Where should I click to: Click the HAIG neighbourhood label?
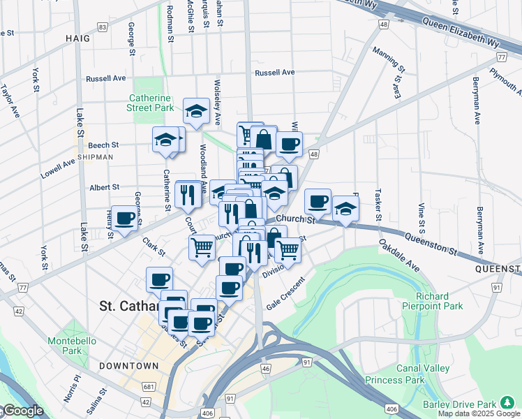(x=78, y=38)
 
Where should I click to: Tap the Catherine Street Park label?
(x=149, y=103)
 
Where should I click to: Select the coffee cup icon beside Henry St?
(x=125, y=219)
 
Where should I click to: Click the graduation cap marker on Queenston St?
(x=345, y=208)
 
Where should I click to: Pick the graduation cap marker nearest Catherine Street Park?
(x=196, y=110)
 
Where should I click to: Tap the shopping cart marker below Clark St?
(x=202, y=247)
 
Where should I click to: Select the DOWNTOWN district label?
(x=128, y=366)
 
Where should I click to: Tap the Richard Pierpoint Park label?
(x=432, y=300)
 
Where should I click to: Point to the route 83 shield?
(x=103, y=27)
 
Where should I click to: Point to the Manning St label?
(x=389, y=60)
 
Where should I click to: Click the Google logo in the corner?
(x=22, y=411)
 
